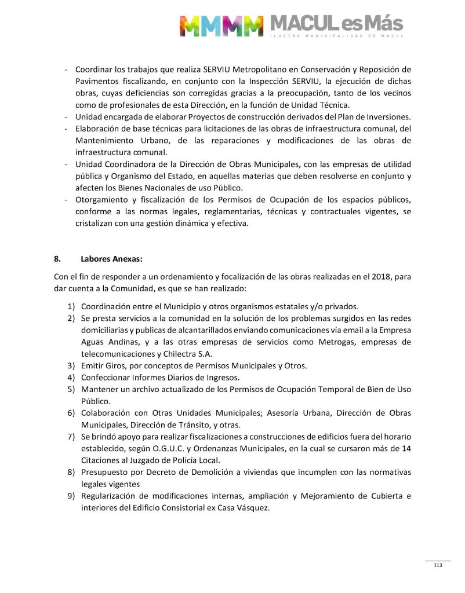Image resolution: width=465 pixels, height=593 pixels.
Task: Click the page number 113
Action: pos(438,566)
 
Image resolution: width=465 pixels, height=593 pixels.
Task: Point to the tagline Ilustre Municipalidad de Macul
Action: pos(337,37)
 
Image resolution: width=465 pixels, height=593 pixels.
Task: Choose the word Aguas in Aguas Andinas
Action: pos(93,342)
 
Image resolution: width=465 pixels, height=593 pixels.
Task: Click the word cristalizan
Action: pos(96,223)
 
